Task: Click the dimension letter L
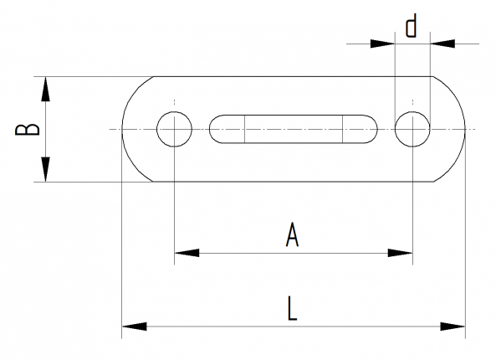[290, 308]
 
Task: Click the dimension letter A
[292, 235]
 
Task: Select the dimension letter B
[28, 129]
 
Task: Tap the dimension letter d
[411, 27]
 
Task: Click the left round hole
[174, 129]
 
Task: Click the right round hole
[412, 129]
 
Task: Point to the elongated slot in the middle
[293, 129]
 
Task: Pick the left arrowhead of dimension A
[184, 252]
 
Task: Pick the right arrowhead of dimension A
[403, 252]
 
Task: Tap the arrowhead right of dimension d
[440, 42]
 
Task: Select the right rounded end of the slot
[371, 129]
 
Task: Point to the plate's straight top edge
[293, 77]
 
